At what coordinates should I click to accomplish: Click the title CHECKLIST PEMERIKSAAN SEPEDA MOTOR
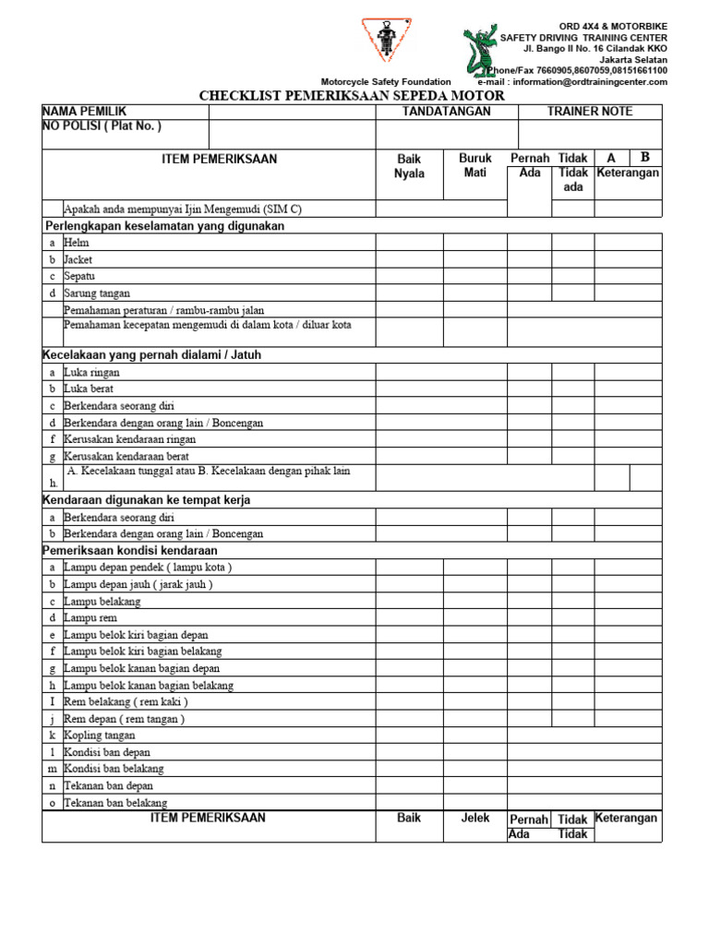pos(353,96)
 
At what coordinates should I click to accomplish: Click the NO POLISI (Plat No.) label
pos(102,126)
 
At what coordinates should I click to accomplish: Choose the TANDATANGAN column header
pos(447,112)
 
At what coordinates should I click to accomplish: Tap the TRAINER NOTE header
pos(590,112)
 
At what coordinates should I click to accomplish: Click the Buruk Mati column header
pos(475,166)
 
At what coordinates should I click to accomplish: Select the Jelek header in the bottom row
pos(475,819)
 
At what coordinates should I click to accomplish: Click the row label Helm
pos(77,243)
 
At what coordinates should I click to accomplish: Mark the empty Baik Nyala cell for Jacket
pos(409,259)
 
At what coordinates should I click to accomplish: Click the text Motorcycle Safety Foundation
pos(386,82)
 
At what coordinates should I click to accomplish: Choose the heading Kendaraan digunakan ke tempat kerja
pos(147,500)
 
